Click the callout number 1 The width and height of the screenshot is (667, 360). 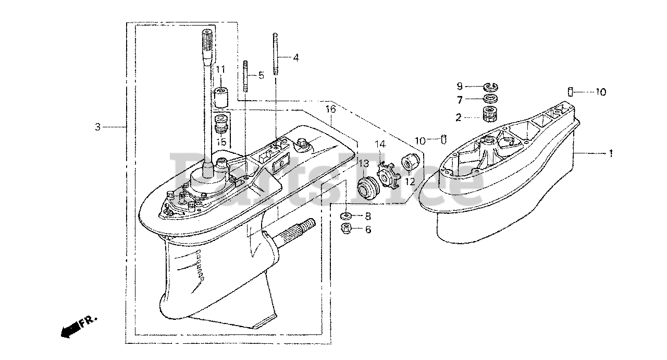611,154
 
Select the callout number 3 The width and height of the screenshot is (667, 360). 97,127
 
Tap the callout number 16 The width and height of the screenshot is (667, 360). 330,110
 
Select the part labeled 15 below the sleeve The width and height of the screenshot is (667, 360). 221,125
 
